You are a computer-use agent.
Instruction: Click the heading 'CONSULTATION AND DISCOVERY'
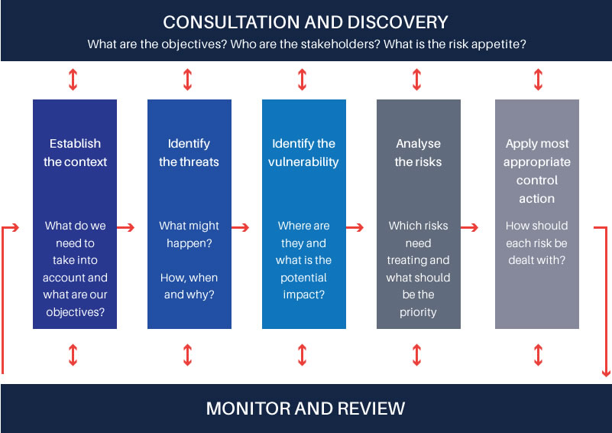pos(305,22)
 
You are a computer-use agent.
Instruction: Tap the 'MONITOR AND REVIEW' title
pos(306,409)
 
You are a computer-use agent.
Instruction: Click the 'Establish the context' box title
pos(75,152)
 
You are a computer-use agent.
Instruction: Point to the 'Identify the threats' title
pos(189,152)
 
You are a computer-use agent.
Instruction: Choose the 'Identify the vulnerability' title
pos(303,152)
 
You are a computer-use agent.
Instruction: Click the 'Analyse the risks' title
pos(418,152)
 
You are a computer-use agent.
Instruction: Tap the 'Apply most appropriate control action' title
pos(536,171)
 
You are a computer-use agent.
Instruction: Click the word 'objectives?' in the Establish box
pos(76,312)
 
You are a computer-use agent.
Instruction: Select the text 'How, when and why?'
pos(189,286)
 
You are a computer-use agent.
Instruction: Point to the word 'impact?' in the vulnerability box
pos(303,295)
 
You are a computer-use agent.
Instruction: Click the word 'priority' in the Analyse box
pos(418,312)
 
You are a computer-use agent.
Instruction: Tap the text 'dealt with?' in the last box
pos(536,260)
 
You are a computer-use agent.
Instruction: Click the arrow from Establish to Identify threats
pos(125,227)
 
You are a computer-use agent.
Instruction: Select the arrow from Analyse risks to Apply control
pos(470,227)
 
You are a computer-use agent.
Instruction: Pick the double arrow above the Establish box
pos(73,80)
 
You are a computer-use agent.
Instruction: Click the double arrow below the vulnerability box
pos(302,355)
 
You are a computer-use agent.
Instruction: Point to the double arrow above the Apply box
pos(538,80)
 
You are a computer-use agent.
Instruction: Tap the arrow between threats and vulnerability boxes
pos(241,227)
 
